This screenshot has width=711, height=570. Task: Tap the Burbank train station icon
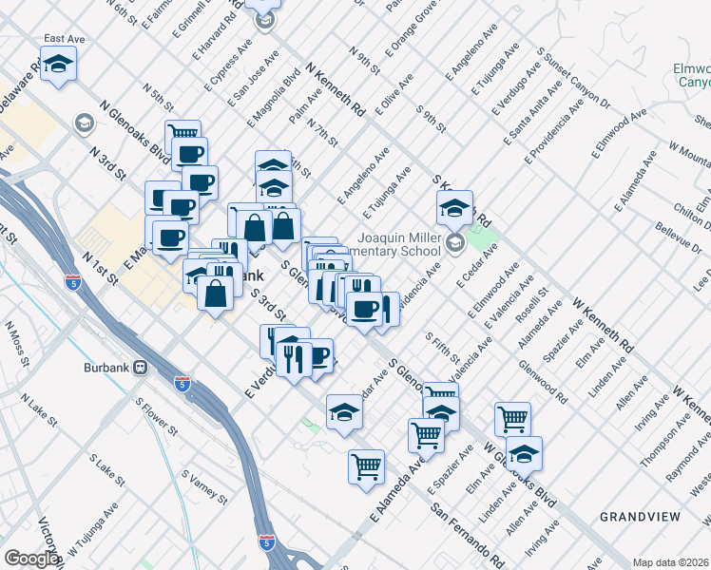[x=139, y=367]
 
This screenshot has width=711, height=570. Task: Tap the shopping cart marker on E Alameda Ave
[x=366, y=465]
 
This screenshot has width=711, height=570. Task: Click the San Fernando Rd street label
[x=467, y=530]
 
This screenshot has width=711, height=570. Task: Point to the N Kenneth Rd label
[x=336, y=91]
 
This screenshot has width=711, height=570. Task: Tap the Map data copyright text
[x=668, y=562]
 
